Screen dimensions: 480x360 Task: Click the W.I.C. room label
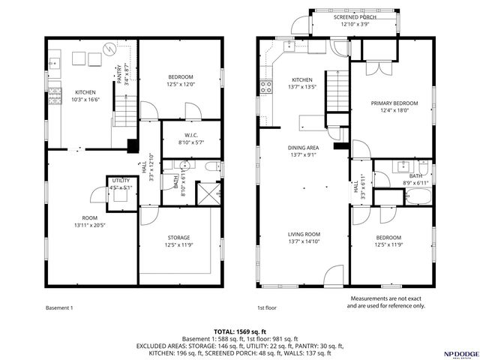(191, 135)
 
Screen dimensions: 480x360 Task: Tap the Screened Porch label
(355, 17)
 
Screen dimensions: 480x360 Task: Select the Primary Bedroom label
(394, 103)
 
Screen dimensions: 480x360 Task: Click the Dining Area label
(303, 148)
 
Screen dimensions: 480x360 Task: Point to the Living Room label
(304, 235)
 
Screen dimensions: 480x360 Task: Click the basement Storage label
(178, 238)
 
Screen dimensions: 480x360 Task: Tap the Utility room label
(121, 181)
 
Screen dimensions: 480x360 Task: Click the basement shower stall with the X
(209, 193)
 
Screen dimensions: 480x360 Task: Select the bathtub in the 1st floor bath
(418, 196)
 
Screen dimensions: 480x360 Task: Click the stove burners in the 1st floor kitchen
(265, 87)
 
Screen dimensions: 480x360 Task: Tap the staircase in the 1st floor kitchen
(337, 91)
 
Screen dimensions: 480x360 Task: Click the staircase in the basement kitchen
(125, 110)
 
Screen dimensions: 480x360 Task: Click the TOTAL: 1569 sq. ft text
(240, 331)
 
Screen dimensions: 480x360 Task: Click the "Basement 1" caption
(59, 308)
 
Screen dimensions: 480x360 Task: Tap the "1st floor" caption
(267, 308)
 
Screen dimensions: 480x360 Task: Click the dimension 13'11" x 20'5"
(90, 225)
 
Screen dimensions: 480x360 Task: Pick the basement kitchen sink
(55, 64)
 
